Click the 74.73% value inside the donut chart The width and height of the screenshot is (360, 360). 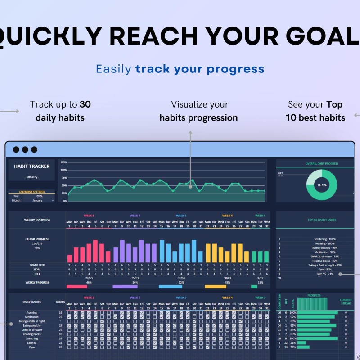pos(321,185)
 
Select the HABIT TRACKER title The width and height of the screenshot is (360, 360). pos(31,166)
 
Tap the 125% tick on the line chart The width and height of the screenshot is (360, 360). pos(63,162)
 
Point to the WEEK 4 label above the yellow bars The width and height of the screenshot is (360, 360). pos(227,216)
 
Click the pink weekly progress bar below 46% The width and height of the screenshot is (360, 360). pos(77,286)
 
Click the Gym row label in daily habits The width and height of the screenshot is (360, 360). pos(31,347)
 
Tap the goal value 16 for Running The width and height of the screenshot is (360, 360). pos(60,312)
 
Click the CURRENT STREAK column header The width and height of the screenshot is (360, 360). pos(346,301)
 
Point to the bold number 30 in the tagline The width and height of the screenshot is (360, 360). pos(85,104)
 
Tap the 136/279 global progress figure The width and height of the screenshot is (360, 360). pos(38,244)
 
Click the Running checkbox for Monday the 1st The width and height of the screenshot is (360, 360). pos(69,312)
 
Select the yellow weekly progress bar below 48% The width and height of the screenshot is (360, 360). pos(216,286)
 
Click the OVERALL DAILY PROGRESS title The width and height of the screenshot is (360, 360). pos(321,164)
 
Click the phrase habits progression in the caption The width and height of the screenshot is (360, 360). pos(198,118)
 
